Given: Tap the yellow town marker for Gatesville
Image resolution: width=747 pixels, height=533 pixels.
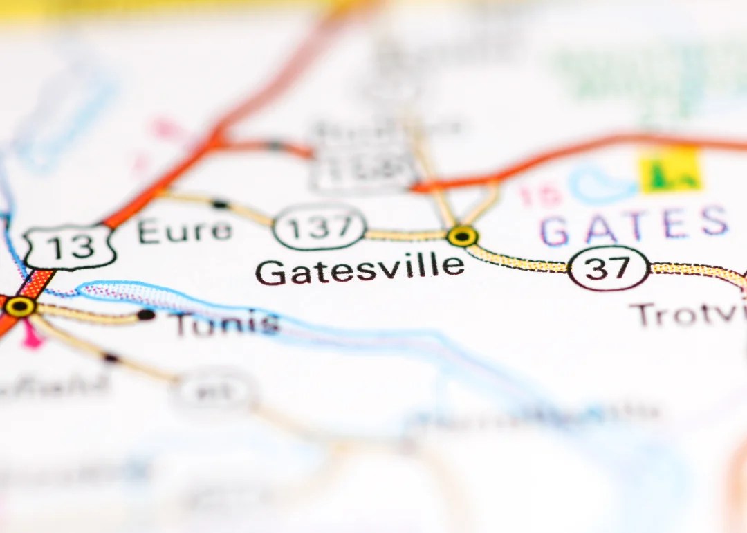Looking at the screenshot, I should click(462, 236).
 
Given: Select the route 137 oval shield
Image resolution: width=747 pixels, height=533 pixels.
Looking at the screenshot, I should click(320, 227).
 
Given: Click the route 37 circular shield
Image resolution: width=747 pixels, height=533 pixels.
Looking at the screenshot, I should click(609, 269).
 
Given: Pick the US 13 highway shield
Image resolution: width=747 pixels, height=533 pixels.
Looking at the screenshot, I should click(69, 247).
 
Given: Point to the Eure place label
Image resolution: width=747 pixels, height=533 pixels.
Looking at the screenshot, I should click(185, 231).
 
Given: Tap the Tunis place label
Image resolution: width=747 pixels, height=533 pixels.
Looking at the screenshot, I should click(226, 324).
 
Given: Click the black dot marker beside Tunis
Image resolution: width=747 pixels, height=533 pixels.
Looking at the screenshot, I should click(146, 315).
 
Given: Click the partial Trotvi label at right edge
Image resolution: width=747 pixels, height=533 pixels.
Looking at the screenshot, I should click(689, 316).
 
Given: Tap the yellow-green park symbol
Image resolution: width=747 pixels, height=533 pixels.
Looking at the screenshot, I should click(669, 170).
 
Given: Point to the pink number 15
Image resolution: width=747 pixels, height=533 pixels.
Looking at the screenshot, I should click(541, 195).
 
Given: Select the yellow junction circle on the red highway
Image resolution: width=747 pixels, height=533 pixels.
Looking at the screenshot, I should click(20, 306).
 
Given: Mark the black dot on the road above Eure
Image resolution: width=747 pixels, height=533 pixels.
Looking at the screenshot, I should click(220, 204).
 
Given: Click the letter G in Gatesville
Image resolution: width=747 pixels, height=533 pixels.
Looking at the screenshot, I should click(270, 272).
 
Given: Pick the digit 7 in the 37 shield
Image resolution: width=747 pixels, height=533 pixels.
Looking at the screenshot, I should click(620, 269).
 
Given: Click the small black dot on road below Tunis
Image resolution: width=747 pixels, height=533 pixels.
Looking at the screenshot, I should click(111, 358).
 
